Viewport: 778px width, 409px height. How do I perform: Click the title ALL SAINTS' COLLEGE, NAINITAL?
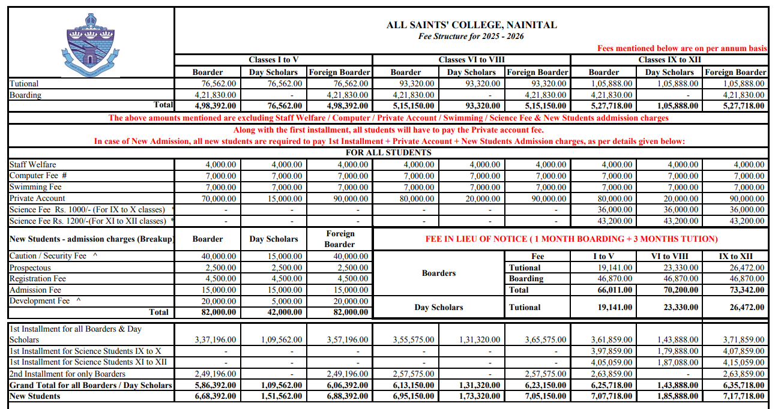[471, 25]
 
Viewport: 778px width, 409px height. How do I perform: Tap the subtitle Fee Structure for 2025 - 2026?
[471, 36]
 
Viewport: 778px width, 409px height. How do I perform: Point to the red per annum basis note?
[682, 48]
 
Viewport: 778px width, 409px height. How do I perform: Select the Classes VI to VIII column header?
[471, 59]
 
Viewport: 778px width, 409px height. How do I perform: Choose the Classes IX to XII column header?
[669, 59]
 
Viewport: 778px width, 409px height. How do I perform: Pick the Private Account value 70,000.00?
[214, 199]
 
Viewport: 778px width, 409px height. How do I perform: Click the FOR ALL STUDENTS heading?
[388, 152]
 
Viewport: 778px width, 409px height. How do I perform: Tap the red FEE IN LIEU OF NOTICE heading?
[571, 239]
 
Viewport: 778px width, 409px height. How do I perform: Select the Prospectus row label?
[30, 267]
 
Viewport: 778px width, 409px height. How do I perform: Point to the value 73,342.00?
[744, 290]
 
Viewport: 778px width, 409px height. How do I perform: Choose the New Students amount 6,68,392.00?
[214, 396]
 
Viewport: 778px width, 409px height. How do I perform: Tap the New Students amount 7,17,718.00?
[744, 396]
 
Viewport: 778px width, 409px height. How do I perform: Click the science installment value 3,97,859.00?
[612, 351]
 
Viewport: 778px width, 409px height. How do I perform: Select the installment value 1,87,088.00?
[678, 362]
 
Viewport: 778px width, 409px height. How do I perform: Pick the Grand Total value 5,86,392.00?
[214, 385]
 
